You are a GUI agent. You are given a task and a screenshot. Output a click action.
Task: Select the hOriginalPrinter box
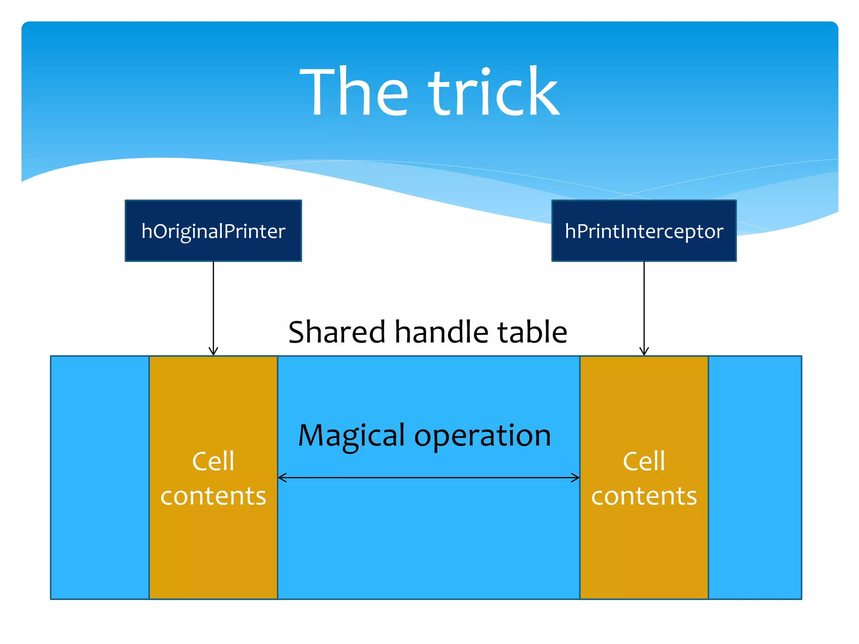(x=213, y=231)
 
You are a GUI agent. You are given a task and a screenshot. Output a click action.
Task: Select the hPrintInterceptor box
(x=644, y=231)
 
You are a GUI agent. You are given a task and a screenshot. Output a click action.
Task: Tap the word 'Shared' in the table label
(x=337, y=332)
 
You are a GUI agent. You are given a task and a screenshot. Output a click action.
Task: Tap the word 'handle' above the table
(x=442, y=332)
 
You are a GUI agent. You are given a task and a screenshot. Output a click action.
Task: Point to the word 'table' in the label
(x=532, y=332)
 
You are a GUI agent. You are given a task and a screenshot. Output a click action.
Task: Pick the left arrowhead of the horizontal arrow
(x=282, y=478)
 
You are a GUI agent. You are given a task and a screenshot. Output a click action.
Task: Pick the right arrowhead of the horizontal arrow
(x=575, y=478)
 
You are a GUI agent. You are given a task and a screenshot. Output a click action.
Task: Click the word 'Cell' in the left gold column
(x=213, y=462)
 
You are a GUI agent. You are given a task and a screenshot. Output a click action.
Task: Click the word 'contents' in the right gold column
(x=644, y=496)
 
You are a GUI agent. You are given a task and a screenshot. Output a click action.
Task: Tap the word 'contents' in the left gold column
(x=213, y=496)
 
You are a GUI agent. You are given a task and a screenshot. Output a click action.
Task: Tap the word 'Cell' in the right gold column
(x=644, y=462)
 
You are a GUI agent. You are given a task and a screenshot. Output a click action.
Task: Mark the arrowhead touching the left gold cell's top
(x=213, y=351)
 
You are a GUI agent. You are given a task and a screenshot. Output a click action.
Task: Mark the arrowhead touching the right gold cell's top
(x=644, y=351)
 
